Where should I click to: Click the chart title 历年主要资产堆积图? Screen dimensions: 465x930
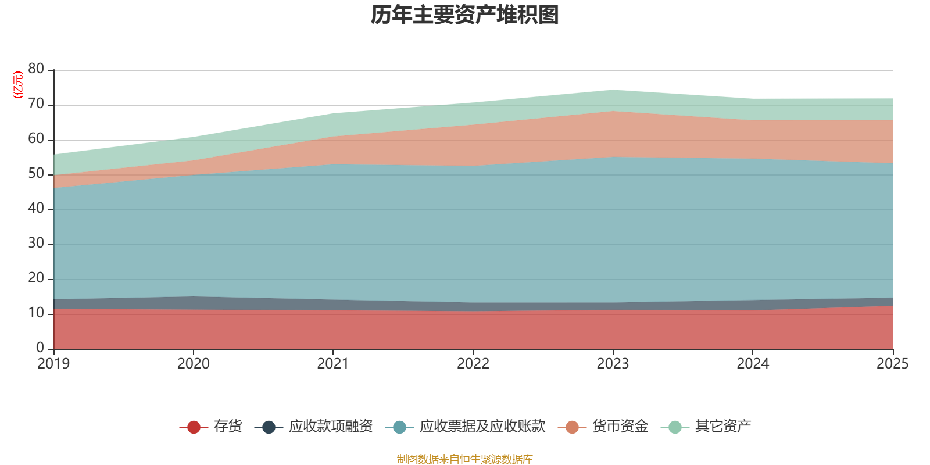point(465,15)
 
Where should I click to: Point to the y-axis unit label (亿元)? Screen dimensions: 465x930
point(18,85)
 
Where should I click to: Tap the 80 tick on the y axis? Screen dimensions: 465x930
point(36,69)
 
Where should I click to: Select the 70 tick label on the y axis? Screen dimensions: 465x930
point(36,104)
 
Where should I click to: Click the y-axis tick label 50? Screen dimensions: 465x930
point(36,174)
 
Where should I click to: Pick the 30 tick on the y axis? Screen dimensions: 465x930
point(36,244)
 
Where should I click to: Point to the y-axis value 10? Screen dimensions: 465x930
point(36,313)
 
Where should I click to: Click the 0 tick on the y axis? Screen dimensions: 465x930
point(40,348)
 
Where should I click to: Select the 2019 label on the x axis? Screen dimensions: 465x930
point(53,364)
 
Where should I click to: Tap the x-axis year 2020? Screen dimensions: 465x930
point(193,364)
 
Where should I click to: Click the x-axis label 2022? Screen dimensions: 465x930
point(473,364)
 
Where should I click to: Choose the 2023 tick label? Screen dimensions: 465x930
point(613,364)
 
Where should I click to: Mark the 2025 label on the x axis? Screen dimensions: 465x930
point(892,364)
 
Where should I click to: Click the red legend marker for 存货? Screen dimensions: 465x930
point(194,427)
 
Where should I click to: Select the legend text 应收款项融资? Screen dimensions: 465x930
point(331,427)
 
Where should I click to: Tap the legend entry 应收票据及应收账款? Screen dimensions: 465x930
point(482,427)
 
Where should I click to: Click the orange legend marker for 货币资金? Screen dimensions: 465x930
point(572,427)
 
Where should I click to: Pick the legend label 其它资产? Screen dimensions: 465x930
point(723,427)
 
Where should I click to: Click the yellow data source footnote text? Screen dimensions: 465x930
point(465,459)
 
